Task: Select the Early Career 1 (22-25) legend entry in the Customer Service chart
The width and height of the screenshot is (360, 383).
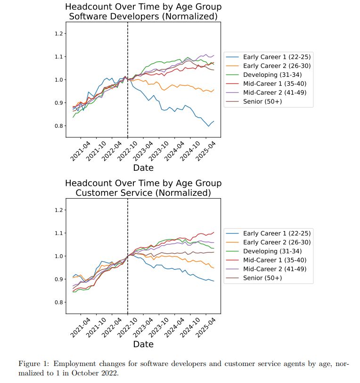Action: tap(268, 233)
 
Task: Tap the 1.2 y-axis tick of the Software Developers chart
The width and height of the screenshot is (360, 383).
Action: tap(59, 33)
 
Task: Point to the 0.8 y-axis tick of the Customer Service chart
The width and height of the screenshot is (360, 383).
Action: tap(59, 302)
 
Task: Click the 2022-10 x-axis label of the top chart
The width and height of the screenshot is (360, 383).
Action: tap(127, 151)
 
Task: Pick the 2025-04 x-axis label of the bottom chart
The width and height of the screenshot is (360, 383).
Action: tap(205, 327)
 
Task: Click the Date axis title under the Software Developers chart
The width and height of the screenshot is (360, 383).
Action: tap(143, 168)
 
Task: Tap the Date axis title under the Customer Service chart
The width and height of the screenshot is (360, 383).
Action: tap(143, 344)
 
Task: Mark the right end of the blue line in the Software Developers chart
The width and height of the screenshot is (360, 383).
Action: tap(214, 121)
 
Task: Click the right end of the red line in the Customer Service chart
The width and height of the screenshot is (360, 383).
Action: tap(214, 232)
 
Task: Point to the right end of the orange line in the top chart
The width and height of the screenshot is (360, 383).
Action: tap(214, 90)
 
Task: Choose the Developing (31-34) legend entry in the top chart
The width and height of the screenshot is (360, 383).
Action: tap(264, 75)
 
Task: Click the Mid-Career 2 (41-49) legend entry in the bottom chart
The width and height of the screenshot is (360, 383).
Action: tap(266, 269)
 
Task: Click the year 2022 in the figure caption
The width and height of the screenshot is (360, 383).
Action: tap(110, 373)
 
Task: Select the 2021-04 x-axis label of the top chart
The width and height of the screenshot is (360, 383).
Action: tap(80, 151)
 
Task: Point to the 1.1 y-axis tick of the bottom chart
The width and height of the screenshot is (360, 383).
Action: tap(59, 233)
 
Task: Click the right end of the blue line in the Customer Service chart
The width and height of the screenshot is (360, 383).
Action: tap(214, 281)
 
